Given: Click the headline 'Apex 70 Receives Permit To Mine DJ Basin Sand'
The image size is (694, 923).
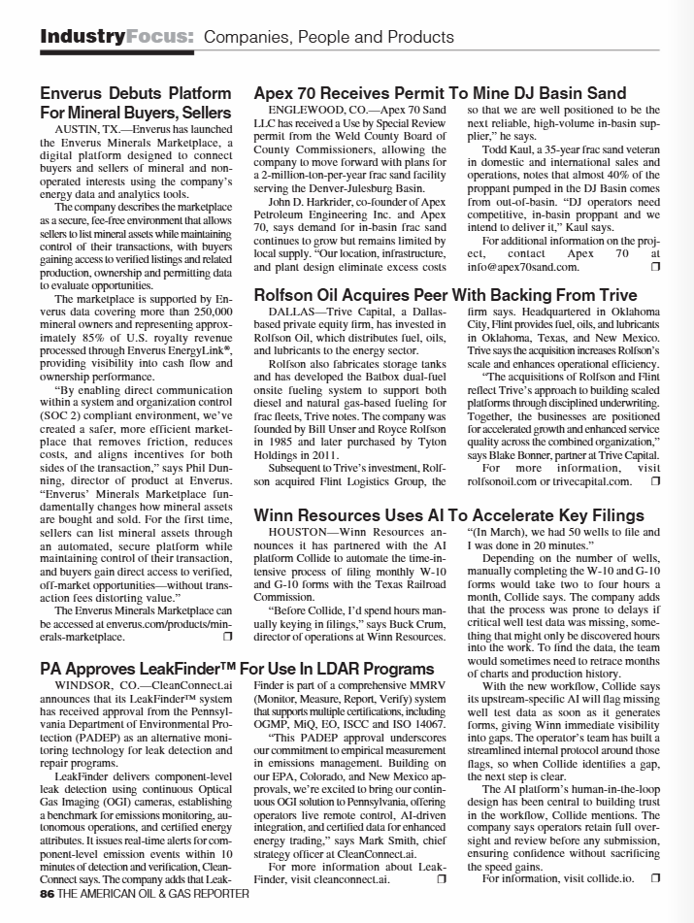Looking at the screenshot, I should (x=440, y=94).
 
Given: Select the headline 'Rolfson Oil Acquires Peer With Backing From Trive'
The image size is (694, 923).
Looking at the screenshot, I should (x=446, y=295).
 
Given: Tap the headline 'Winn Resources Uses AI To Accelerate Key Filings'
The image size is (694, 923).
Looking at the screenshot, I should (x=448, y=514).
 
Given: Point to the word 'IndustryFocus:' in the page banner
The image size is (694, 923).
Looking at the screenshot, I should (x=117, y=38).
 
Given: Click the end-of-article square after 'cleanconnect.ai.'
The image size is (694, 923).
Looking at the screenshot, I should (x=441, y=878).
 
